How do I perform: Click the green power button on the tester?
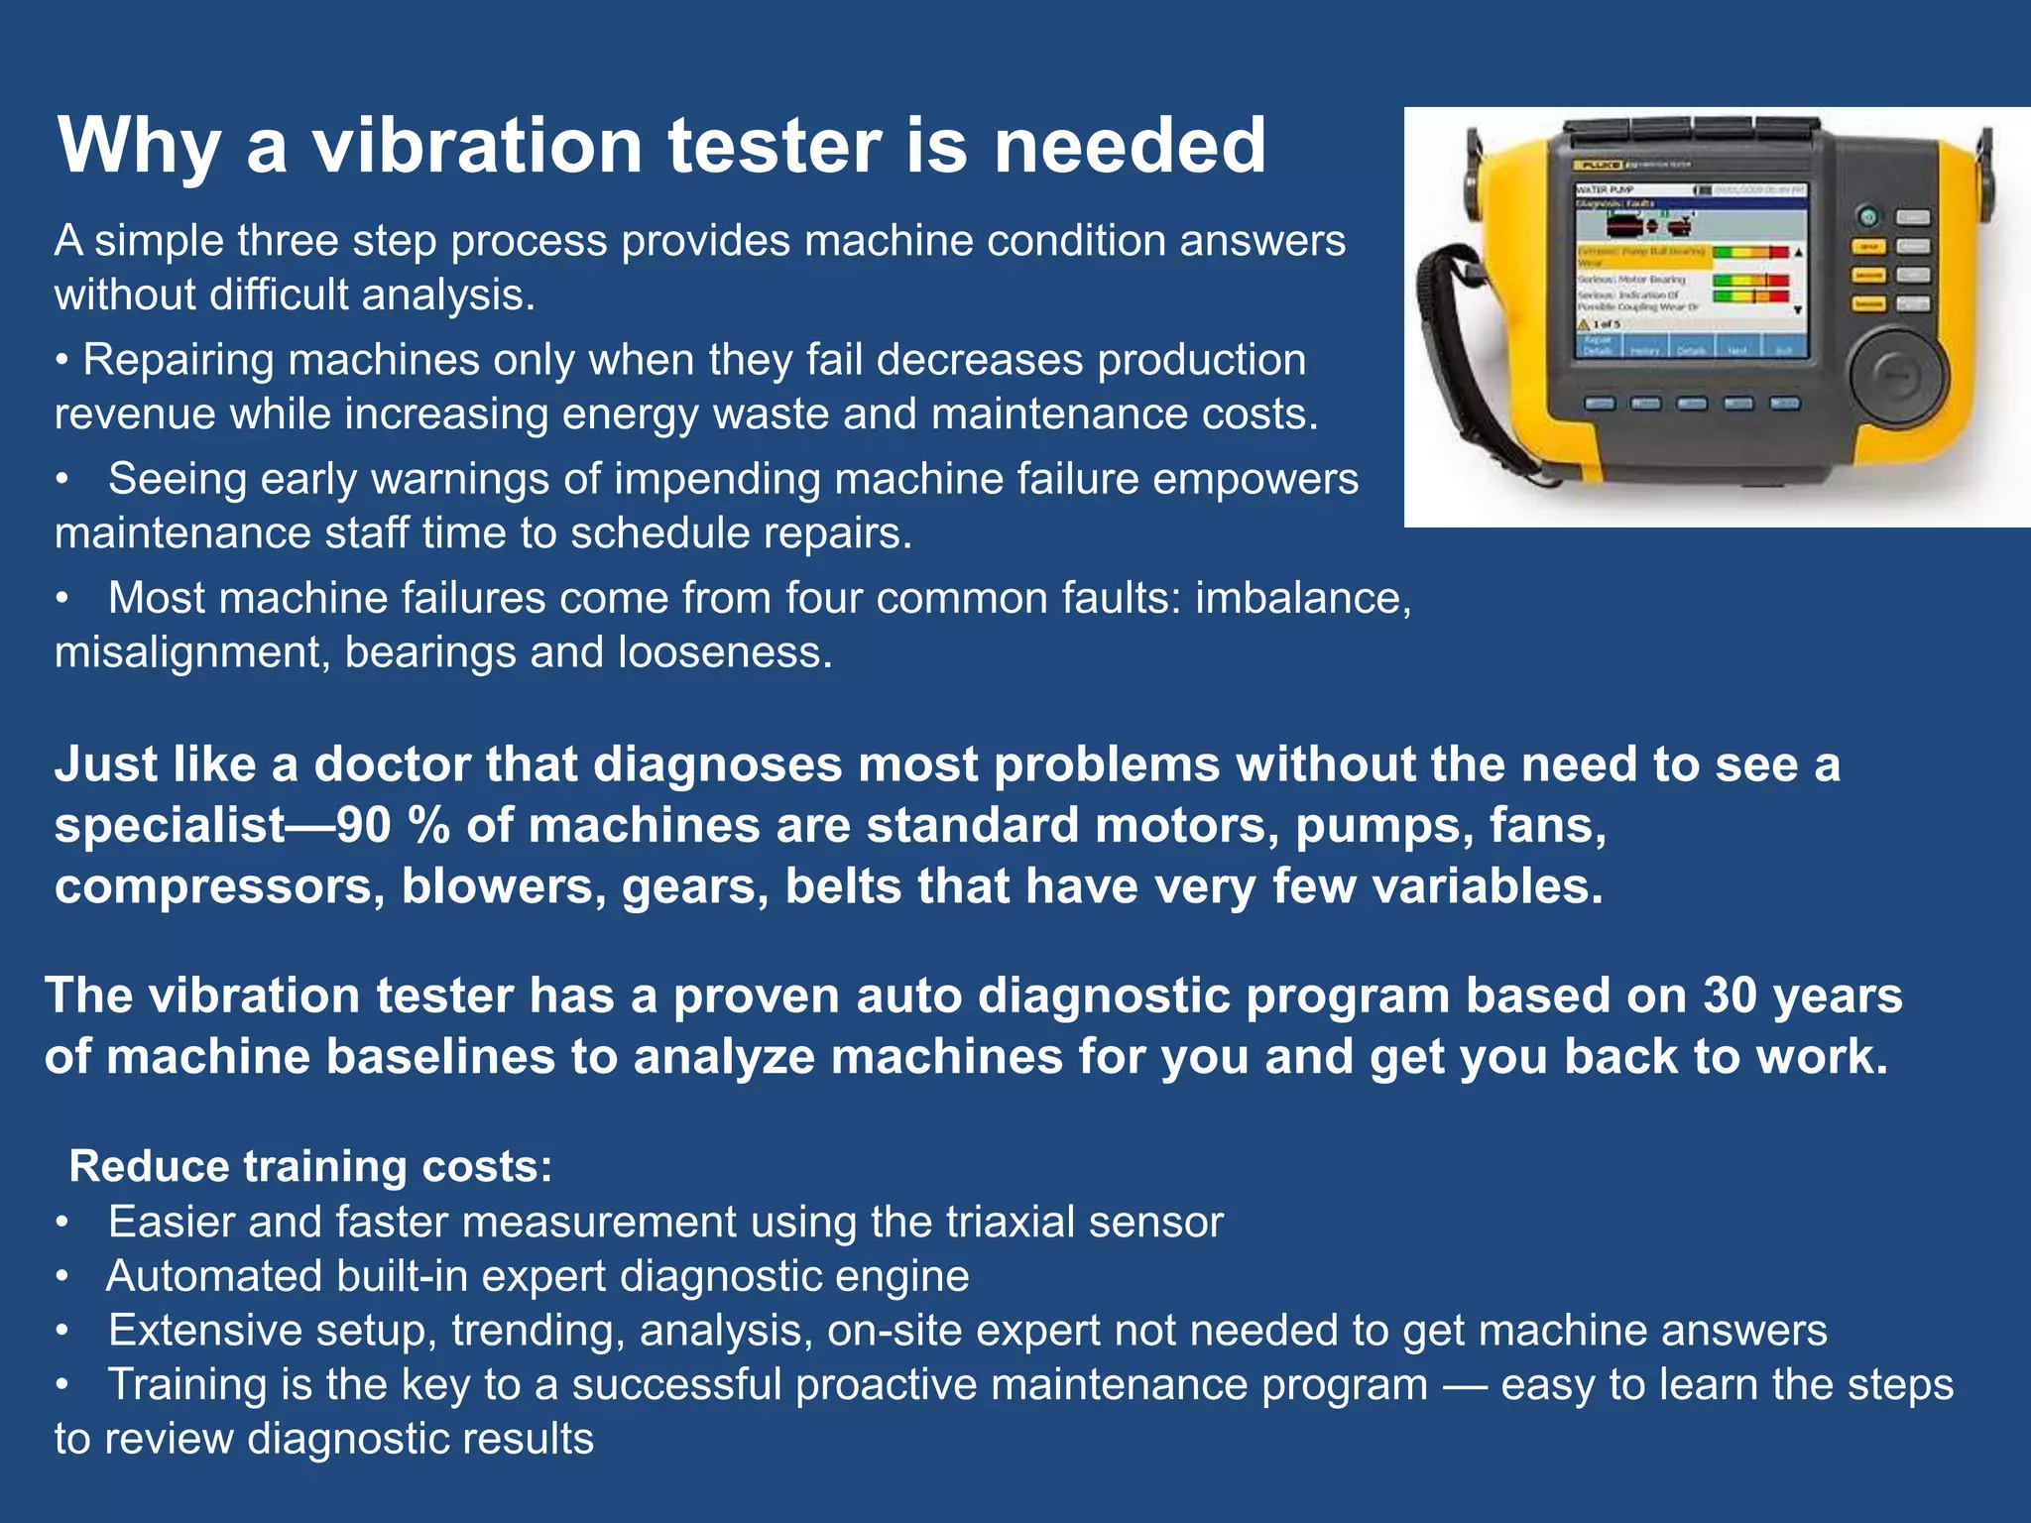pyautogui.click(x=1868, y=217)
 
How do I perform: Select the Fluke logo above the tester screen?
pyautogui.click(x=1598, y=165)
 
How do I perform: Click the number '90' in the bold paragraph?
pyautogui.click(x=364, y=825)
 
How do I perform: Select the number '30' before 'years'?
pyautogui.click(x=1731, y=996)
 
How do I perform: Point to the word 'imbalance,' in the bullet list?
pyautogui.click(x=1302, y=598)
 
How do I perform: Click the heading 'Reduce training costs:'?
pyautogui.click(x=310, y=1166)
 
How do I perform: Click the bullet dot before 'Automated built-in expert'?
pyautogui.click(x=62, y=1277)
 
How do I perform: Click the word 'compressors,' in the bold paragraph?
pyautogui.click(x=219, y=886)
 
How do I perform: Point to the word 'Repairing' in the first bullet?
pyautogui.click(x=179, y=360)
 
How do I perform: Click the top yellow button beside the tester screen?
pyautogui.click(x=1868, y=247)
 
